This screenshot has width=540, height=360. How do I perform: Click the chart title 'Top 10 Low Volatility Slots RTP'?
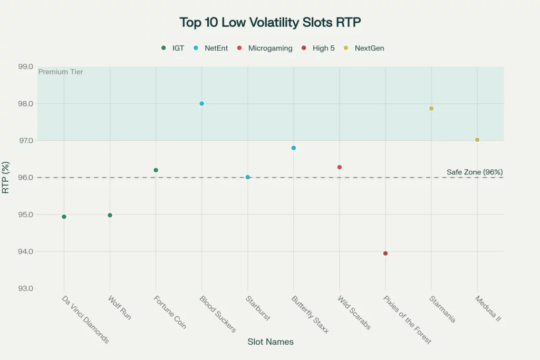pos(269,23)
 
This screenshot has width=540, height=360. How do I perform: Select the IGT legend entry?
pos(173,48)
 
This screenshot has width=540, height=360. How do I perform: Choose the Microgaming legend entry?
pos(266,48)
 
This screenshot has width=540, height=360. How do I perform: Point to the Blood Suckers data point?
pos(201,103)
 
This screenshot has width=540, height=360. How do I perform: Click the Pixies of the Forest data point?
pos(385,254)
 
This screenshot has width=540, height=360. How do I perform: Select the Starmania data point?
pos(431,109)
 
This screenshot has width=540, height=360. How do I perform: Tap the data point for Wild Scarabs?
pos(340,167)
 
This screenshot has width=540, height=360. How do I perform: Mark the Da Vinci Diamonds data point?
pos(64,217)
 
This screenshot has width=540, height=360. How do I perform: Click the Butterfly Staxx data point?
pos(294,148)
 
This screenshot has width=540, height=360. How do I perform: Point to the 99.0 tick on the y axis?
pos(25,66)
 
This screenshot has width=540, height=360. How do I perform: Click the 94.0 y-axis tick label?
pos(25,251)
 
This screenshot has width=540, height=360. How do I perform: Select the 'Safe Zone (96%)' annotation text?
pos(474,172)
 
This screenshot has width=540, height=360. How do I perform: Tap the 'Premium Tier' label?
pos(60,72)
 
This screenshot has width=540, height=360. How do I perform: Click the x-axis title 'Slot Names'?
pos(271,342)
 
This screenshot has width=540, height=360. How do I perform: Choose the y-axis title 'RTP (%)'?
pos(6,177)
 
